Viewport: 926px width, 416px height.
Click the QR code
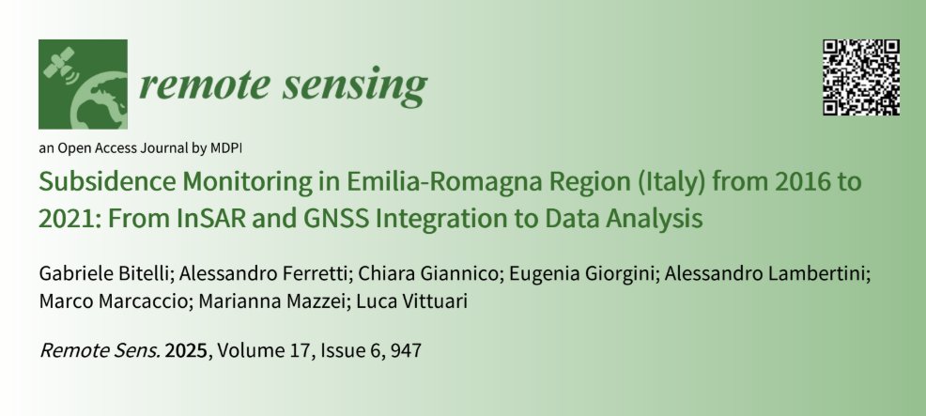click(861, 77)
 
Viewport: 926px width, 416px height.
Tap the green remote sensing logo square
click(83, 85)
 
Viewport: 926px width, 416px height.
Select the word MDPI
click(224, 147)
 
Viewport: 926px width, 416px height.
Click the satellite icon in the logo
click(59, 62)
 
